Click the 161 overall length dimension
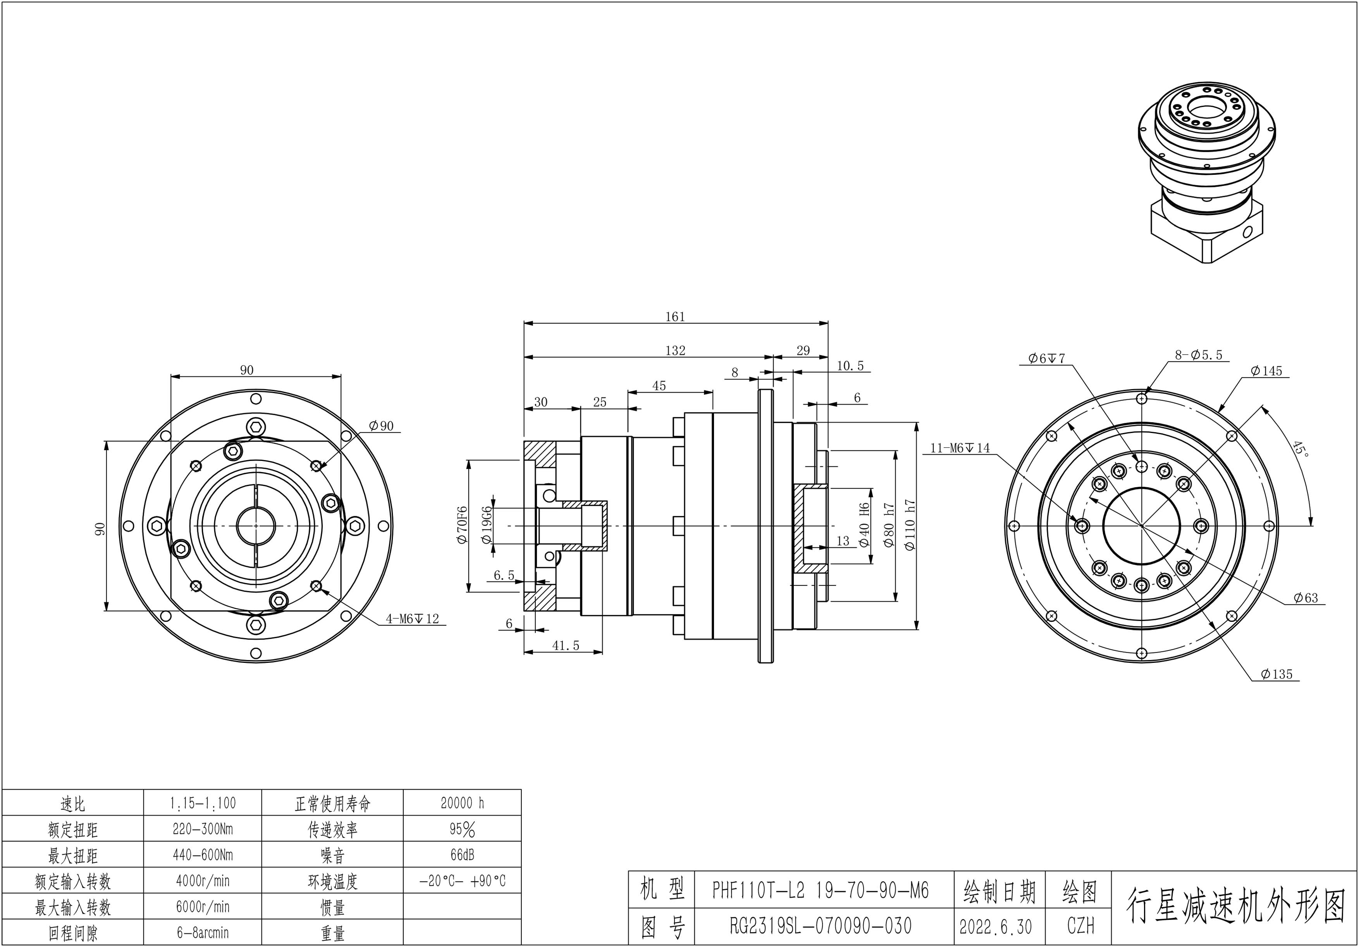(675, 317)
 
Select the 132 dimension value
(675, 350)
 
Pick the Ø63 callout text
(1305, 598)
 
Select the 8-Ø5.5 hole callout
(1199, 355)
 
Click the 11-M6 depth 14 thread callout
(960, 448)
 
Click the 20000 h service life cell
(462, 803)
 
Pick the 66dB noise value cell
(462, 855)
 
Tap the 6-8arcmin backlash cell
(203, 933)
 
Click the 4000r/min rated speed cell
(203, 881)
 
